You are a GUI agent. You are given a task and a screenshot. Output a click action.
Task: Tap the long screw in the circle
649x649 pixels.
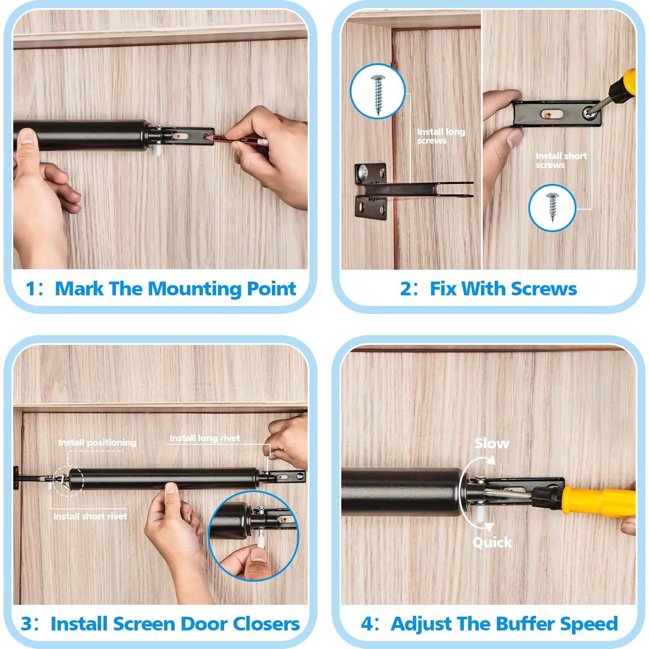click(378, 95)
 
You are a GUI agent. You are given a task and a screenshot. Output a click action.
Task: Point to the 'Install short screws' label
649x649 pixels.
click(561, 160)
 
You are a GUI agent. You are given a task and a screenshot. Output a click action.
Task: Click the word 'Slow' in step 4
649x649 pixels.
click(492, 443)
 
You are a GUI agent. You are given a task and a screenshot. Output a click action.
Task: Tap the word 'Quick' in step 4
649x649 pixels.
click(492, 542)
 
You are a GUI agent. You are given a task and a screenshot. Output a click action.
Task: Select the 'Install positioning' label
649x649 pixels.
click(97, 442)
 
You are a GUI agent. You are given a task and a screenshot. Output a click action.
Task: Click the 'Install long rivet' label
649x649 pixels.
click(205, 438)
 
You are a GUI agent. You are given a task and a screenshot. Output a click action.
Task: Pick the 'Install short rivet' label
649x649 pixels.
click(90, 516)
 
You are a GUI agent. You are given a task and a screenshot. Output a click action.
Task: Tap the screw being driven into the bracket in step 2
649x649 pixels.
click(590, 113)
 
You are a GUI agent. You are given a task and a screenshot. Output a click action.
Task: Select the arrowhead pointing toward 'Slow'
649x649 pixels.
click(491, 460)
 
